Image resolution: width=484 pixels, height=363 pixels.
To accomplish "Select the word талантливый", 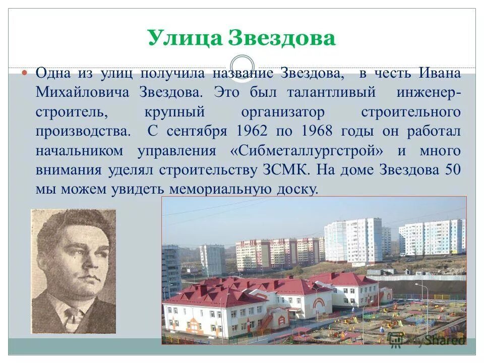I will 331,93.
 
